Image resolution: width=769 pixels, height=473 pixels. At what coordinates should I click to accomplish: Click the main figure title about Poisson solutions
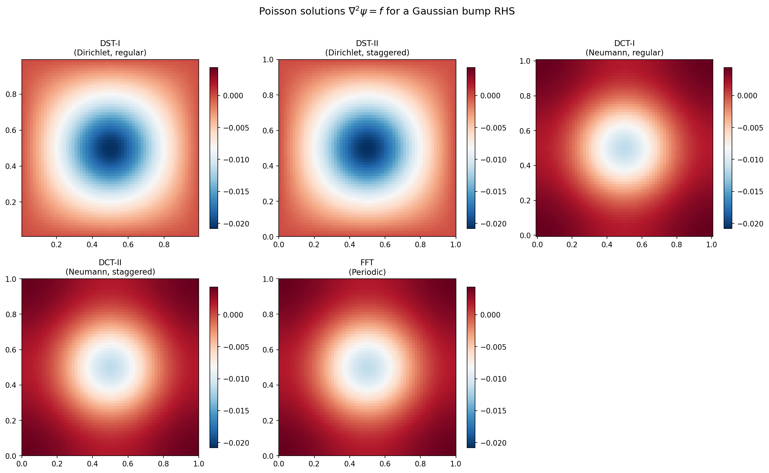[x=387, y=11]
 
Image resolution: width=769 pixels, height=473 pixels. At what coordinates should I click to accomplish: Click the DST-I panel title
[x=110, y=48]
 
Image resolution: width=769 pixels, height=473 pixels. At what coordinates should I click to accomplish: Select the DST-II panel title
[x=367, y=48]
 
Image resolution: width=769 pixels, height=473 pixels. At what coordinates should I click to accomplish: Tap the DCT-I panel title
[x=624, y=48]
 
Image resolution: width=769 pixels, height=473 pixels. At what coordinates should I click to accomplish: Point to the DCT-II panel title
[x=110, y=267]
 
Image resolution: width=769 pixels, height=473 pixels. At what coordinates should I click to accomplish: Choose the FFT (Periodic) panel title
[x=367, y=267]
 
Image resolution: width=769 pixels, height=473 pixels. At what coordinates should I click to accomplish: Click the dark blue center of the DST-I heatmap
[x=110, y=148]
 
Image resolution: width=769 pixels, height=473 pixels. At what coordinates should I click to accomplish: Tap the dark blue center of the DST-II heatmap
[x=367, y=148]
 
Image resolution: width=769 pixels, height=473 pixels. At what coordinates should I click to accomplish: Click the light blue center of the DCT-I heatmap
[x=624, y=148]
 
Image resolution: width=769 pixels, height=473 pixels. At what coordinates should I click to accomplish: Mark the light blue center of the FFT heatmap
[x=367, y=367]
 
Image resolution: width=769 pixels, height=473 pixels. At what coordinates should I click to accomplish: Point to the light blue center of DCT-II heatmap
[x=110, y=367]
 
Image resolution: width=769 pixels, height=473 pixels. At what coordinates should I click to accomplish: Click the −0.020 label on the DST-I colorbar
[x=236, y=224]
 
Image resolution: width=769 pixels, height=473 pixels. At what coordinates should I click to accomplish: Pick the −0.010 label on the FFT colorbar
[x=493, y=379]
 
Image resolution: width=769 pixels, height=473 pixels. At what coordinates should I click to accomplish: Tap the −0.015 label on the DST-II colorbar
[x=493, y=192]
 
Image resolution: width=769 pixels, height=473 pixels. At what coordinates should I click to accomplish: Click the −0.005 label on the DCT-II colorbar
[x=236, y=347]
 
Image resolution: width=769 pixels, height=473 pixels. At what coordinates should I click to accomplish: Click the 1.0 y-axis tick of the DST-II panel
[x=269, y=60]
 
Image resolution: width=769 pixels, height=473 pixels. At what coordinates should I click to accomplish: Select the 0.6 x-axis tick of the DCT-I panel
[x=642, y=244]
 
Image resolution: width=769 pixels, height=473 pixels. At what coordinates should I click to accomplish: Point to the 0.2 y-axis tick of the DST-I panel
[x=12, y=202]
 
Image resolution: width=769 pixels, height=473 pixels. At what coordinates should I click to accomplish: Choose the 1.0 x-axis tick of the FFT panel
[x=455, y=464]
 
